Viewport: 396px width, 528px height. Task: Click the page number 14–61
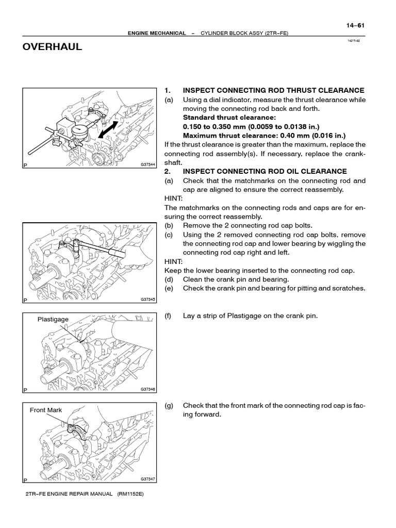[x=349, y=25]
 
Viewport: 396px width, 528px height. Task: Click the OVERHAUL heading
[x=52, y=47]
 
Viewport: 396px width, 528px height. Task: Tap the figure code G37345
[x=147, y=299]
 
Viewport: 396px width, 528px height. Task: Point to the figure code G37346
[x=147, y=389]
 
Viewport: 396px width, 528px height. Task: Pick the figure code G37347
[x=147, y=479]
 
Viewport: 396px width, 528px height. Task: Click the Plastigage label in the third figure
[x=53, y=319]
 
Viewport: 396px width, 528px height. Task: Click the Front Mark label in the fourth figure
[x=45, y=410]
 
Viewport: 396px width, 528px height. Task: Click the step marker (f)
[x=168, y=316]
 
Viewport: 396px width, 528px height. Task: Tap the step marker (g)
[x=168, y=406]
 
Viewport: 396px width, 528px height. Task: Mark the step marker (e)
[x=168, y=288]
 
